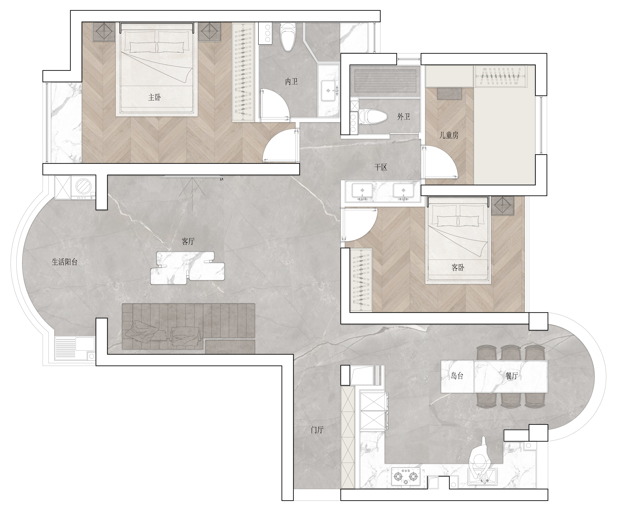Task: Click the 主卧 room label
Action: (154, 97)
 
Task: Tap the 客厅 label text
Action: (188, 241)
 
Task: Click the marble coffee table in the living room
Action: (187, 268)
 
